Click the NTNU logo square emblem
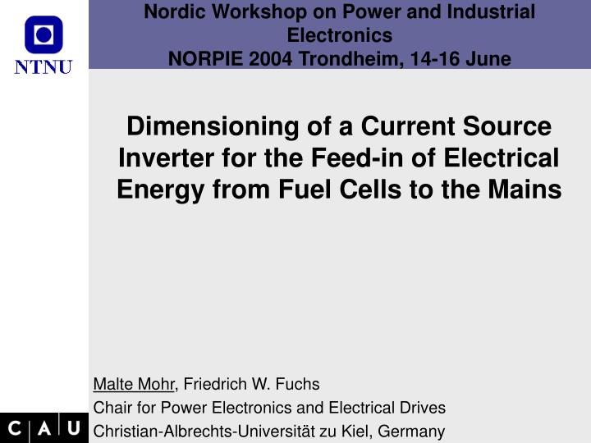pyautogui.click(x=44, y=34)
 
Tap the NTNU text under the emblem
pyautogui.click(x=44, y=66)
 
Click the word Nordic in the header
pyautogui.click(x=170, y=11)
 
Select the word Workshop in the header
pyautogui.click(x=241, y=11)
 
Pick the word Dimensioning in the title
pyautogui.click(x=208, y=127)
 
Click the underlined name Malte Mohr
pyautogui.click(x=134, y=383)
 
